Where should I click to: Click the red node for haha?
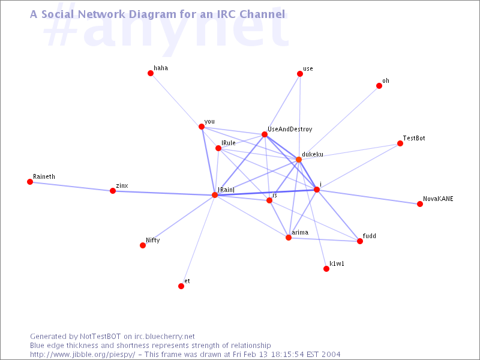(151, 73)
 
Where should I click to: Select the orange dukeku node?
(298, 160)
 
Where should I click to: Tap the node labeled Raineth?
(29, 182)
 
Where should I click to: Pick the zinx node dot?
(113, 191)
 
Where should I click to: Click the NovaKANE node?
(419, 204)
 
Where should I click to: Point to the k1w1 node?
(326, 269)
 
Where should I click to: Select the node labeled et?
(181, 286)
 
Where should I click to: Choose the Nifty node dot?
(143, 245)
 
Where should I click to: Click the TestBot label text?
(414, 138)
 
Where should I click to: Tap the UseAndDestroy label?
(290, 129)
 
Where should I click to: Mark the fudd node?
(360, 241)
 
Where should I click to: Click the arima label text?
(300, 232)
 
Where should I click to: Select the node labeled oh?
(379, 86)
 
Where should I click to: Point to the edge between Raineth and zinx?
(71, 187)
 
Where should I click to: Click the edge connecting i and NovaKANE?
(368, 197)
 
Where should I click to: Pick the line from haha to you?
(176, 100)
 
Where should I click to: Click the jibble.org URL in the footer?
(82, 355)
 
